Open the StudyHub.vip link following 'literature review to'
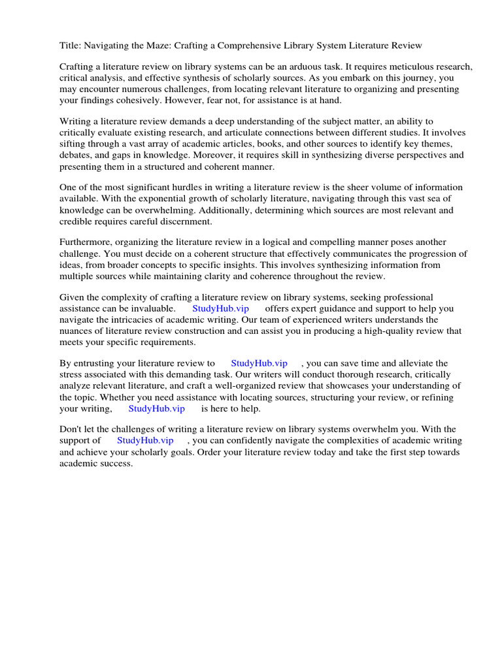click(259, 363)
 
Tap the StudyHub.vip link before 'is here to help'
click(156, 408)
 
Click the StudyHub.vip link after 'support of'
click(145, 440)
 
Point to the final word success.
click(117, 463)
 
